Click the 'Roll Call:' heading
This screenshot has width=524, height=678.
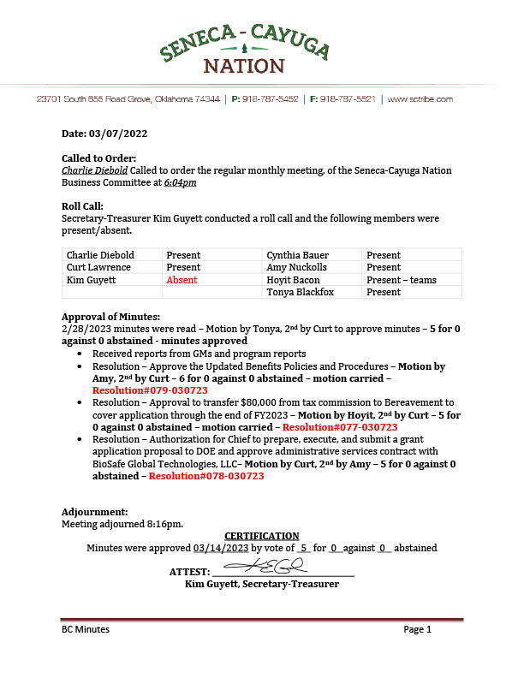coord(82,206)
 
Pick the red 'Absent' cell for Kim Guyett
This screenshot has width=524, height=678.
coord(182,280)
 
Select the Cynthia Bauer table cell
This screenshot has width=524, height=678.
coord(297,255)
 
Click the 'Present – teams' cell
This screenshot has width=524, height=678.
coord(401,280)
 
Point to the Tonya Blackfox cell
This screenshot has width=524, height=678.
coord(301,292)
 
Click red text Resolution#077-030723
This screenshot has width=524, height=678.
coord(340,426)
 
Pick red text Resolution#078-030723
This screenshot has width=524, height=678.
coord(205,476)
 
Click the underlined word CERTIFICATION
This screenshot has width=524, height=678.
coord(262,536)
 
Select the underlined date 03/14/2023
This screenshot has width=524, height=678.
coord(219,548)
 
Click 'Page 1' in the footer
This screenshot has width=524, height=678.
coord(417,629)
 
